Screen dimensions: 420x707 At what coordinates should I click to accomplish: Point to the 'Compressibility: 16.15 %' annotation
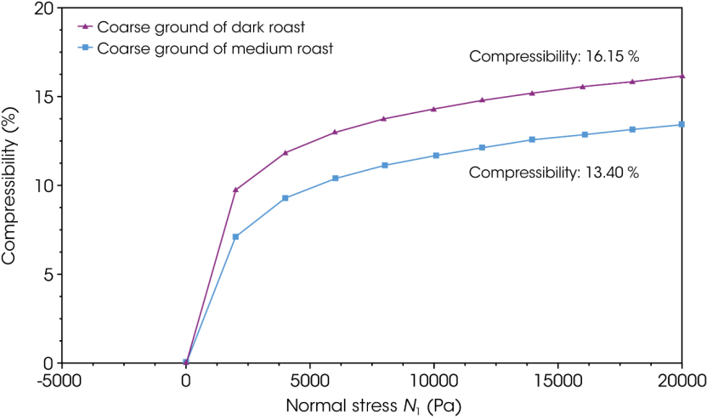tap(554, 57)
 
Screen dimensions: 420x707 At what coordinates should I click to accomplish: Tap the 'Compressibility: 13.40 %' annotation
tap(554, 172)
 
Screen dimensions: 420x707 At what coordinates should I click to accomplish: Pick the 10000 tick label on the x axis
tap(433, 379)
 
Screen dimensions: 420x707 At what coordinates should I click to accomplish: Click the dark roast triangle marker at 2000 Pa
tap(235, 190)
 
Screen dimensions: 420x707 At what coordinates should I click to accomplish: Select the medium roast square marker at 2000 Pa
tap(235, 236)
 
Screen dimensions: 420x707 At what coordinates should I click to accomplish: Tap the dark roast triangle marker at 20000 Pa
tap(682, 76)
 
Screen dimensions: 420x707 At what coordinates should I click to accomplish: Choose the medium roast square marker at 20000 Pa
tap(682, 125)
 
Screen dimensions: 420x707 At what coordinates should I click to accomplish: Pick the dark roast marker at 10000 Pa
tap(433, 109)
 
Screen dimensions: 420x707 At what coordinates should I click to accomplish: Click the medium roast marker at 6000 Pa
tap(335, 178)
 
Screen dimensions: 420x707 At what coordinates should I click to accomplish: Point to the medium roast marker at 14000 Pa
tap(532, 139)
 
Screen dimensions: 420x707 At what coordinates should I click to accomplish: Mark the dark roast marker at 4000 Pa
tap(286, 152)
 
